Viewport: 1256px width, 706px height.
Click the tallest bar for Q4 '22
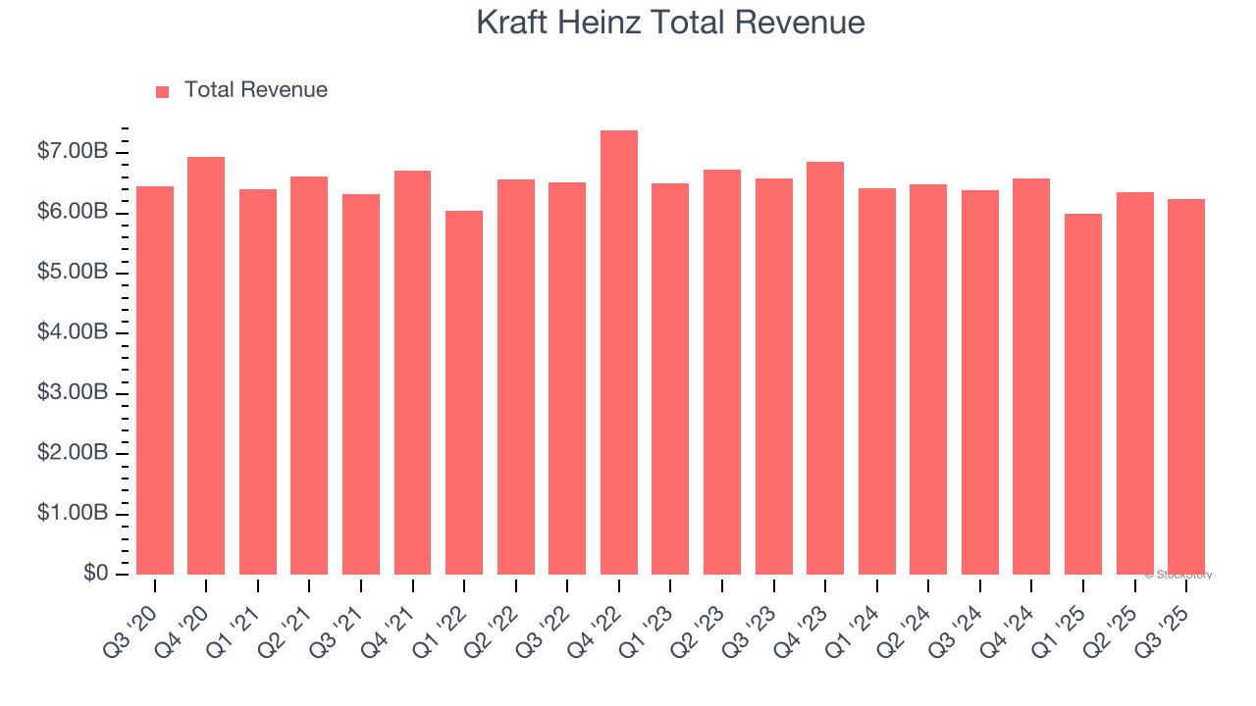619,353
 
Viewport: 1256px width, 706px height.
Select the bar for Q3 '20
155,380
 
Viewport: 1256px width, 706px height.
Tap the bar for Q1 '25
1083,394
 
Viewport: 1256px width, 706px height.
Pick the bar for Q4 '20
206,366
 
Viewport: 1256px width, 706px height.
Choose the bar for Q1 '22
464,392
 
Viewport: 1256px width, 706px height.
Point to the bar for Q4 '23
825,368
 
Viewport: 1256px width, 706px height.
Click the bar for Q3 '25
1186,386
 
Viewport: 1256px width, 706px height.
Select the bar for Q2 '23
722,372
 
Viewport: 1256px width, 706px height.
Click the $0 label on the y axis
95,574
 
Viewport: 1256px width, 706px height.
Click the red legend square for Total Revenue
163,91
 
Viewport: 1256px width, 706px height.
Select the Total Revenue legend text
255,90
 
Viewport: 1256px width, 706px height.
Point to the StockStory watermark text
1178,575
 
